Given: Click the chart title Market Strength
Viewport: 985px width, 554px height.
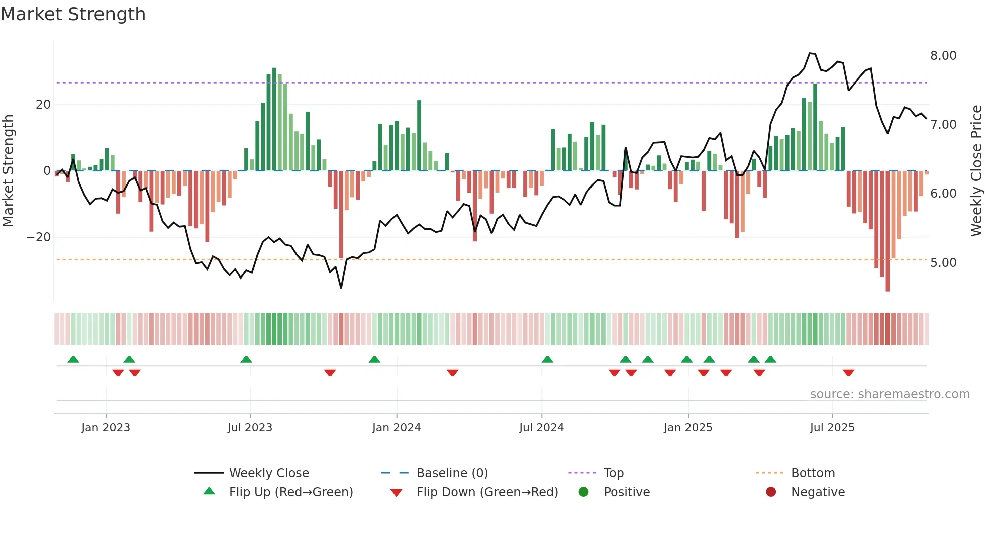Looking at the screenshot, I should (73, 14).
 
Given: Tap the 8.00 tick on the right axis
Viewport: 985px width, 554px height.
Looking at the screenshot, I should (943, 56).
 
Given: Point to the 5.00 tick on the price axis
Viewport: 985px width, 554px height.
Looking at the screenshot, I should (943, 263).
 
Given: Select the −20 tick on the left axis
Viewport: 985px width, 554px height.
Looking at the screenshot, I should (39, 237).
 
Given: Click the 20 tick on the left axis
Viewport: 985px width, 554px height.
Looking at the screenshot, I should (43, 105).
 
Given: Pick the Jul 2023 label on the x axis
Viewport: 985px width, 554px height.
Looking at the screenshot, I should (250, 428).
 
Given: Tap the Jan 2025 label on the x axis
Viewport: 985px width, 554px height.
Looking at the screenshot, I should (687, 428).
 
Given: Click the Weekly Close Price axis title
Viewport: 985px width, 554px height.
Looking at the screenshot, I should (976, 171).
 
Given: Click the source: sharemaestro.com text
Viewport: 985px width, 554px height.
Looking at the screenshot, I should (890, 394).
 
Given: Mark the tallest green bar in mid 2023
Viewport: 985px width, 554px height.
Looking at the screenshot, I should (274, 119).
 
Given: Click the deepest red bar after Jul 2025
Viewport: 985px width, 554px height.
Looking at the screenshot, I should (888, 231).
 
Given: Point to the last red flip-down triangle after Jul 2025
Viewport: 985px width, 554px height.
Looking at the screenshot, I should (848, 373).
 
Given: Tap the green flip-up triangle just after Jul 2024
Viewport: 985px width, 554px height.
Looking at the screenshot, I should (547, 359).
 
